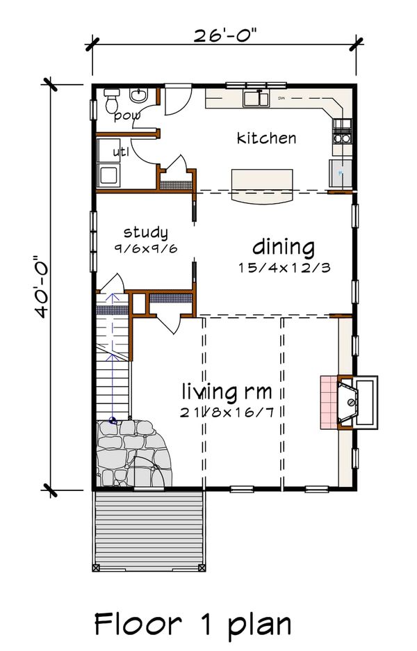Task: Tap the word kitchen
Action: click(x=266, y=138)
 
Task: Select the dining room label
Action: click(x=283, y=247)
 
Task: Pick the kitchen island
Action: click(x=262, y=185)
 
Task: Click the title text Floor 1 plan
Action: click(x=193, y=623)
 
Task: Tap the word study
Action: click(x=145, y=232)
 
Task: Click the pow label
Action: click(x=127, y=115)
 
